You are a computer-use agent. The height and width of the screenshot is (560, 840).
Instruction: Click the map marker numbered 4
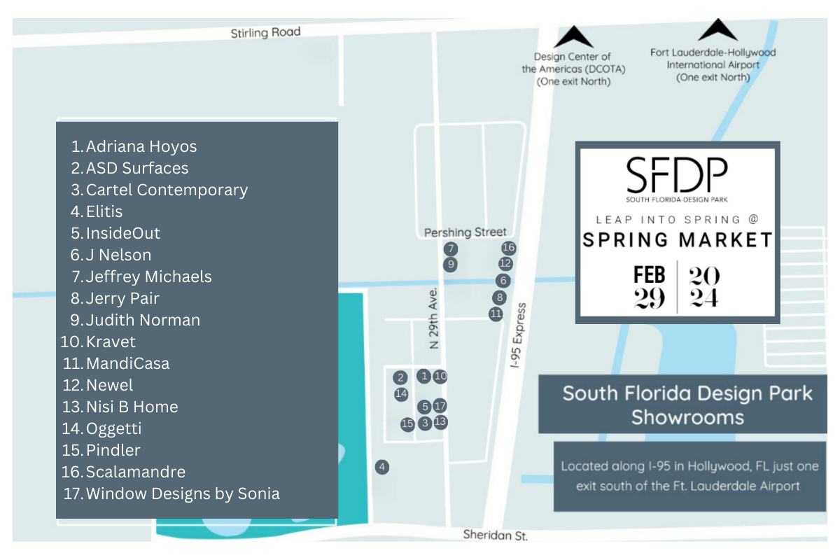click(381, 467)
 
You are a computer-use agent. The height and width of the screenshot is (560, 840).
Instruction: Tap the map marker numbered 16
click(509, 248)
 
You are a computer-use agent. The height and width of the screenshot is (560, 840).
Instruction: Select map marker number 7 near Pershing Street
click(451, 248)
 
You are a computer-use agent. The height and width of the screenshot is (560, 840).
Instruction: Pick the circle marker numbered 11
click(496, 314)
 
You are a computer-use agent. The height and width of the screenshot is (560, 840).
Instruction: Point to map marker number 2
click(400, 378)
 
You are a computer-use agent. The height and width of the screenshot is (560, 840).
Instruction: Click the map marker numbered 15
click(407, 423)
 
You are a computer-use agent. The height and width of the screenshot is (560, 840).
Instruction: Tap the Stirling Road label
click(265, 33)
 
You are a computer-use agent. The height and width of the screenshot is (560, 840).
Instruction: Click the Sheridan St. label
click(495, 535)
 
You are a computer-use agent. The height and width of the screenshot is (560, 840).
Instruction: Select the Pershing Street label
click(465, 232)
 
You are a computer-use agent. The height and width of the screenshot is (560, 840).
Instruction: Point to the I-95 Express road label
click(519, 335)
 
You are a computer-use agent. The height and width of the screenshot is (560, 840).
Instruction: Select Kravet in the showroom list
click(111, 342)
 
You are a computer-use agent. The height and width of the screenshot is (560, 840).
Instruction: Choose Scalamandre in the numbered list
click(135, 472)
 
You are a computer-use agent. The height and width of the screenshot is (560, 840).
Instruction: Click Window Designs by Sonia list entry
click(182, 493)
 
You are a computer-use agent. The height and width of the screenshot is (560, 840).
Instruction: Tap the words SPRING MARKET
click(678, 240)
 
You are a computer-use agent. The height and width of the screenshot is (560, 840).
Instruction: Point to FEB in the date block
click(650, 274)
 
